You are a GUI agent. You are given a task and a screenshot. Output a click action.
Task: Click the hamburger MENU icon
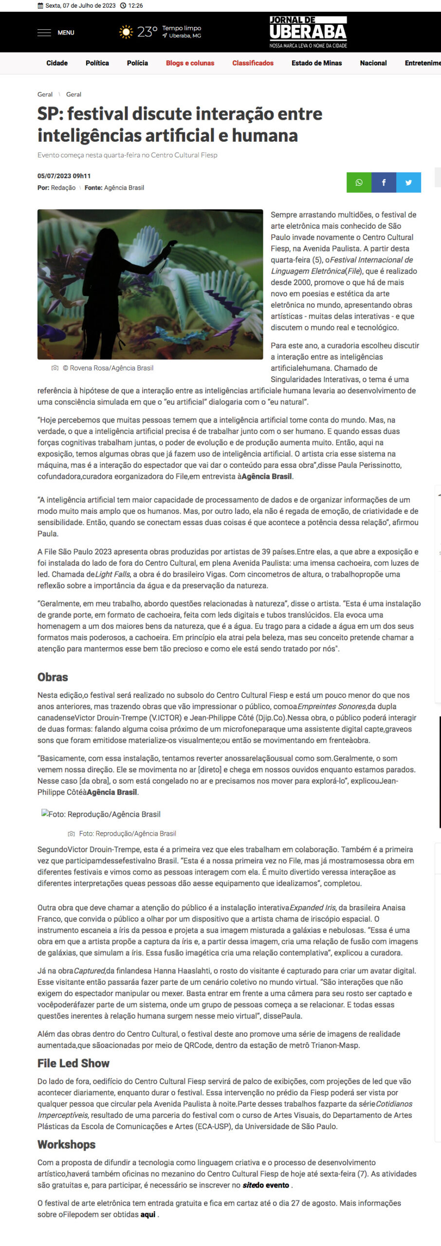coord(44,33)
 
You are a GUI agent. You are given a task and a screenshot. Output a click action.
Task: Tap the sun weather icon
coord(126,32)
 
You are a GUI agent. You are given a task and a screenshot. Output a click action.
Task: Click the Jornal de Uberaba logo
coord(308,32)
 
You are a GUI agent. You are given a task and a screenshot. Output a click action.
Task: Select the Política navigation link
coord(97,63)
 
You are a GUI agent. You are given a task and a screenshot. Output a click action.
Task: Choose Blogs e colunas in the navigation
coord(190,63)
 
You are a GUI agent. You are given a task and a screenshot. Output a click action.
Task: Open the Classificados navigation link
coord(253,63)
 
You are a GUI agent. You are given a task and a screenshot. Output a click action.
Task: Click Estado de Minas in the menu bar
coord(316,63)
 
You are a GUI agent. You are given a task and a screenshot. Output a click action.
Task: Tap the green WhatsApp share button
coord(359,183)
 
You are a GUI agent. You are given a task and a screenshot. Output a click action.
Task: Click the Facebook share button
coord(384,183)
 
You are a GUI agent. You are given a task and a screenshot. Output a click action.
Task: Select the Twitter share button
coord(408,183)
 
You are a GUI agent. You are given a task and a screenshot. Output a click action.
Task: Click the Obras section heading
coord(53,677)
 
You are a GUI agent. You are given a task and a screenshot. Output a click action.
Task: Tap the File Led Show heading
coord(73,1063)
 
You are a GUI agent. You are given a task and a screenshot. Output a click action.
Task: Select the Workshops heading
coord(67,1145)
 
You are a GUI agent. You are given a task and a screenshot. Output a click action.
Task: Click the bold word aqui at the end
coord(148,1214)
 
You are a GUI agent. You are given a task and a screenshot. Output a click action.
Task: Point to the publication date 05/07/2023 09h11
coord(64,176)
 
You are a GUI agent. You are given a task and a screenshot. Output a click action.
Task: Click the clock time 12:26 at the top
coord(135,6)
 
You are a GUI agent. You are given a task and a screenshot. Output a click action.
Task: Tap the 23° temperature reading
coord(147,32)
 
